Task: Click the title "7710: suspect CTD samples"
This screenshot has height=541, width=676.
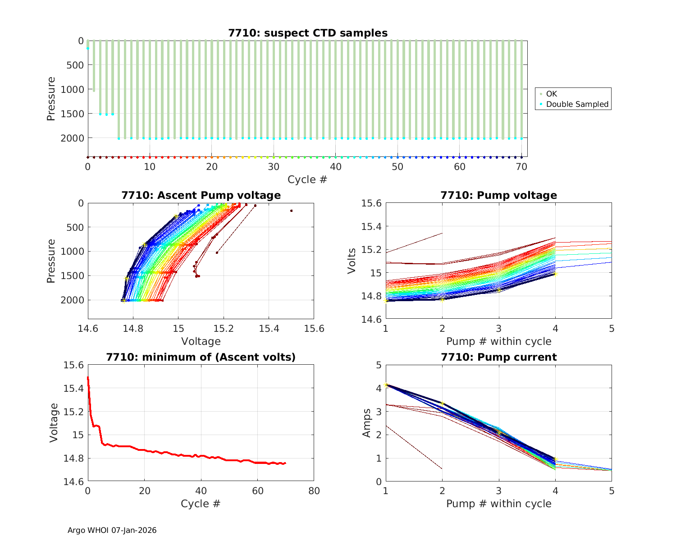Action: click(x=308, y=33)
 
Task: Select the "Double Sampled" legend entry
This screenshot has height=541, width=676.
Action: click(x=577, y=104)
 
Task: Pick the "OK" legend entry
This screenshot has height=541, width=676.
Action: click(x=551, y=94)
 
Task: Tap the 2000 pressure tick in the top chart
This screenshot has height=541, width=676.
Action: click(x=72, y=138)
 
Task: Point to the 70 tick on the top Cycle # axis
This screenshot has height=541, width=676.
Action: click(x=521, y=167)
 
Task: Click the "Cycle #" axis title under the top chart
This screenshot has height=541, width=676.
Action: click(x=307, y=179)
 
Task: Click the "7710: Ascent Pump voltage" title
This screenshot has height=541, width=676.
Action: click(x=201, y=195)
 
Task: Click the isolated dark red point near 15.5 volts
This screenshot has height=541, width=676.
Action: click(x=292, y=211)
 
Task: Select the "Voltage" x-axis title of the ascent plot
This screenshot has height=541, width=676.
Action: click(x=201, y=341)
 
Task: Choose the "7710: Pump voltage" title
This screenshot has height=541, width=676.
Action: click(x=499, y=195)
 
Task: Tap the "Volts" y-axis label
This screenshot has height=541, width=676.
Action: click(x=352, y=261)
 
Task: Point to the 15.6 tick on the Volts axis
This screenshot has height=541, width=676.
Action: click(x=371, y=203)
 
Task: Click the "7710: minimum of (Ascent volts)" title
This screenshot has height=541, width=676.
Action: click(x=201, y=357)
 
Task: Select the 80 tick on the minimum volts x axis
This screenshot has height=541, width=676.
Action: click(x=314, y=491)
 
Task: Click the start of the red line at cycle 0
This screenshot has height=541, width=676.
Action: click(x=88, y=378)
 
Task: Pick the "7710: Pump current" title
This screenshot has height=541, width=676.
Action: click(x=499, y=357)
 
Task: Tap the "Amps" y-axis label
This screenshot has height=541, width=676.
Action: click(x=367, y=423)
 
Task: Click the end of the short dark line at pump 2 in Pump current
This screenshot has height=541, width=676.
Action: click(x=442, y=469)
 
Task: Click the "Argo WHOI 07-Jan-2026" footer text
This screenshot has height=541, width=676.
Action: click(x=112, y=530)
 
